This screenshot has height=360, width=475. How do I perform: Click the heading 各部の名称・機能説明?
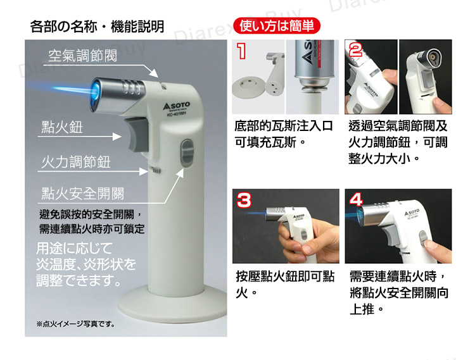coord(97,27)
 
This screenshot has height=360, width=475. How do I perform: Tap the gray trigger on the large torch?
coord(139,132)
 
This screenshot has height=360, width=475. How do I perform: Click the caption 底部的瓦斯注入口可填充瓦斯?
coord(283,133)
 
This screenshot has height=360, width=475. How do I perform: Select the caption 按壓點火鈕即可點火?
coord(283,285)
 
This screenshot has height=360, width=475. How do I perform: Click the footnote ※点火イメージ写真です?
coord(76,324)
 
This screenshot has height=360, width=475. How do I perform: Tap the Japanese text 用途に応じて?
coord(74,247)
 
